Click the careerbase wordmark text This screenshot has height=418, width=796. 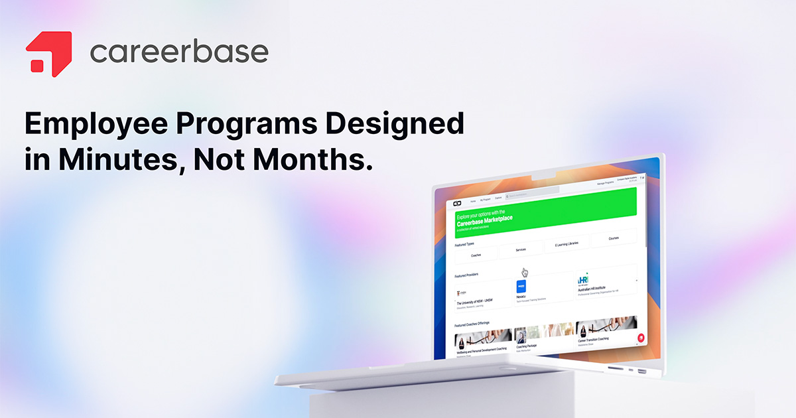tap(179, 52)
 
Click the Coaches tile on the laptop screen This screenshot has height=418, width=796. tap(476, 255)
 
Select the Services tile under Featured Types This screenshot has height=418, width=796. tap(521, 249)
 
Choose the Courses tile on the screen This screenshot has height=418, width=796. tap(613, 238)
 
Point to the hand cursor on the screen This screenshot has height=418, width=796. tap(525, 273)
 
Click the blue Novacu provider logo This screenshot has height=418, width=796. tap(521, 287)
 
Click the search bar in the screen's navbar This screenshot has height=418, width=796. tap(531, 195)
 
